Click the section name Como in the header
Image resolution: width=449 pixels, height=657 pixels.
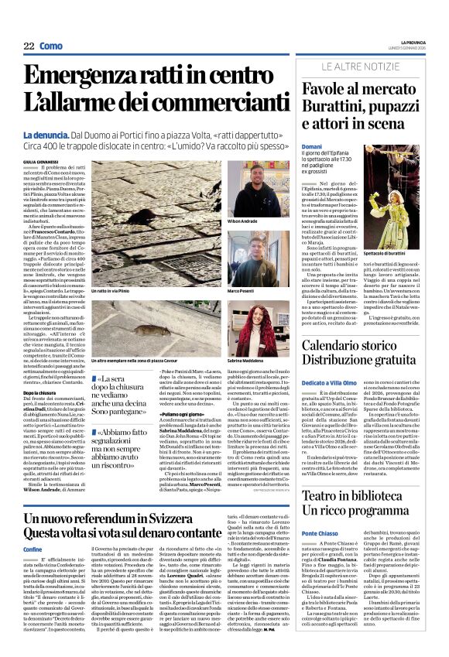tap(51, 46)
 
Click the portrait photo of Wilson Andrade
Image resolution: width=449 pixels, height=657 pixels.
tap(248, 188)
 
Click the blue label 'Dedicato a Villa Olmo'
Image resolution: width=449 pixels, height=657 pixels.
tap(334, 382)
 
